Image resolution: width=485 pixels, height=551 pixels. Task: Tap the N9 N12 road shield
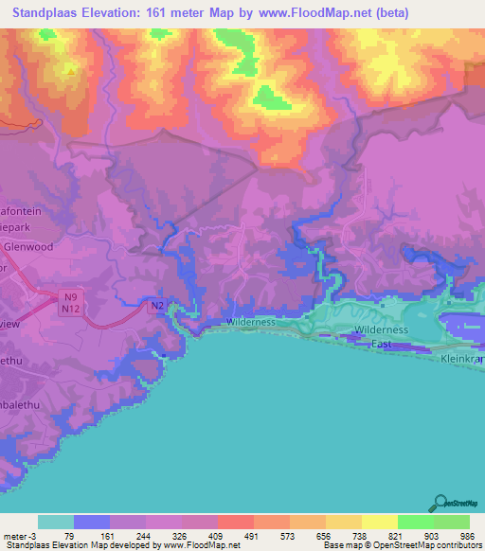click(x=69, y=303)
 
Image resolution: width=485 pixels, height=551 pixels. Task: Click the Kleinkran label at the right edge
click(x=461, y=361)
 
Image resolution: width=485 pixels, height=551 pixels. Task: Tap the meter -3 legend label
click(x=20, y=536)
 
